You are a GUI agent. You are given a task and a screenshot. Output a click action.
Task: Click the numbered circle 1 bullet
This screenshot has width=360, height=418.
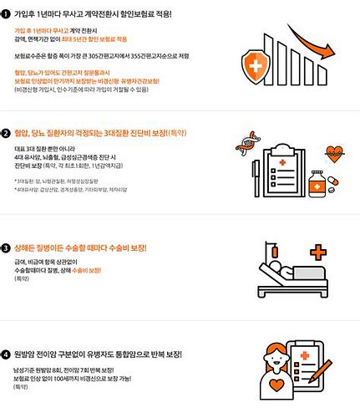(7, 14)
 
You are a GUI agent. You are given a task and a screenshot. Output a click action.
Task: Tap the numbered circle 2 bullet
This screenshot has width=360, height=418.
(7, 133)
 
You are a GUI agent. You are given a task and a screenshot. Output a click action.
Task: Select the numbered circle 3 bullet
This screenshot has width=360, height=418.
(7, 248)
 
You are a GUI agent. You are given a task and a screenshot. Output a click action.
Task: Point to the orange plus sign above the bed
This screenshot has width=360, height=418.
(317, 251)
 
